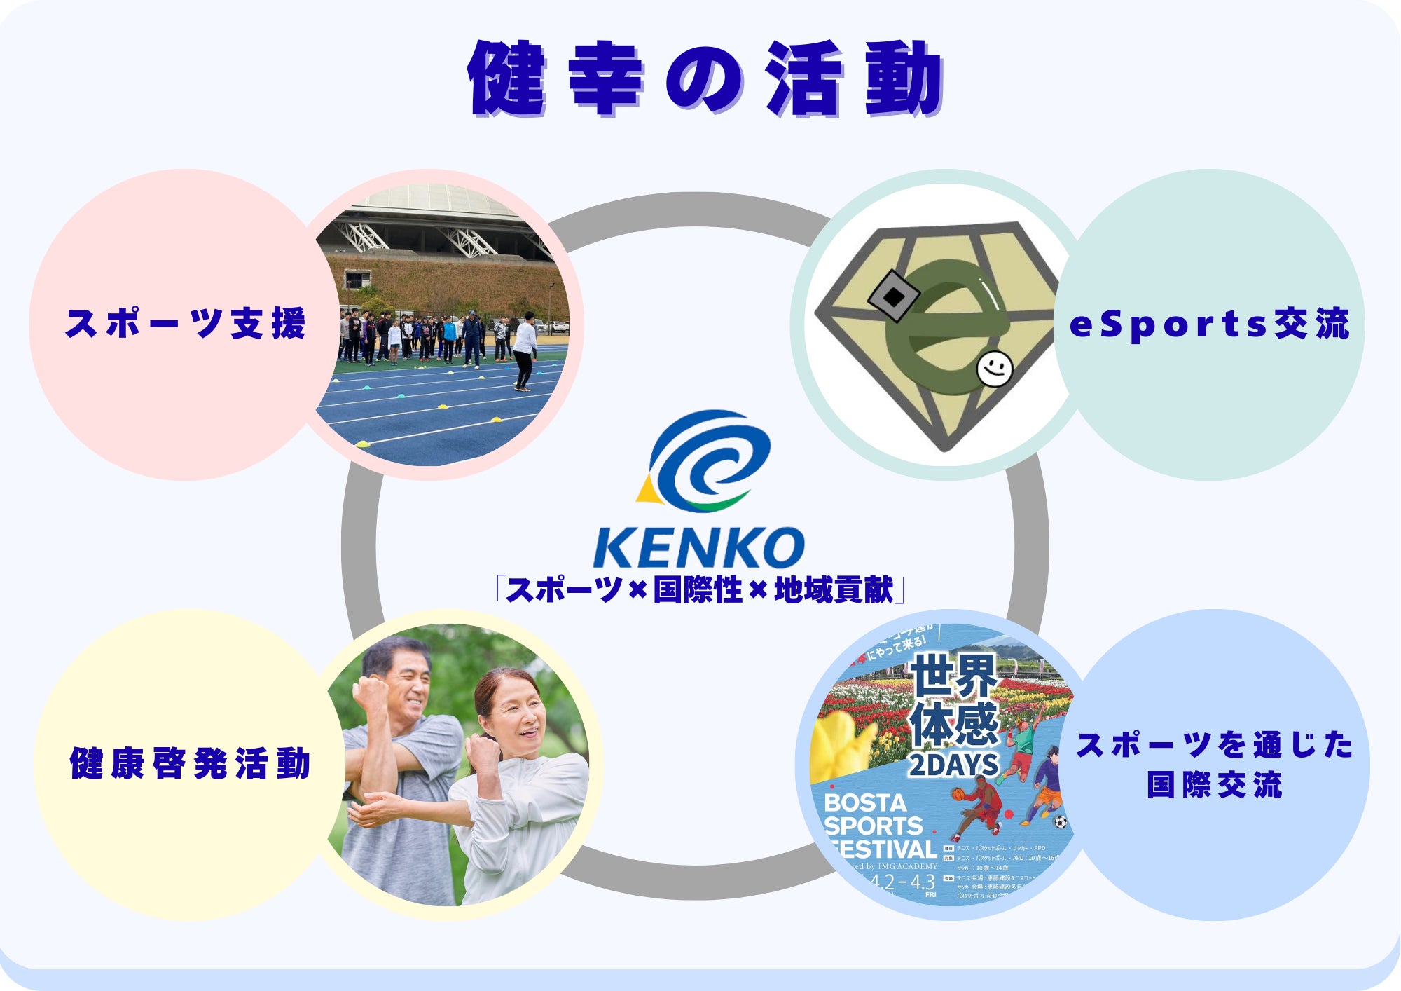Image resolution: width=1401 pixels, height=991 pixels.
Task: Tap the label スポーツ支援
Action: (x=186, y=324)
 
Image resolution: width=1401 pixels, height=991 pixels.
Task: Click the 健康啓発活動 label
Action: (x=190, y=763)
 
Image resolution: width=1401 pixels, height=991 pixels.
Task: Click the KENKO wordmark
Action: (x=698, y=547)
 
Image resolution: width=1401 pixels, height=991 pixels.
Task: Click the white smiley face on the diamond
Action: (x=995, y=368)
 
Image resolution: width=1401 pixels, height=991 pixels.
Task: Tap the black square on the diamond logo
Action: (x=893, y=296)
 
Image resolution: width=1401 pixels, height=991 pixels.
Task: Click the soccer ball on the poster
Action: (x=1061, y=822)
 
